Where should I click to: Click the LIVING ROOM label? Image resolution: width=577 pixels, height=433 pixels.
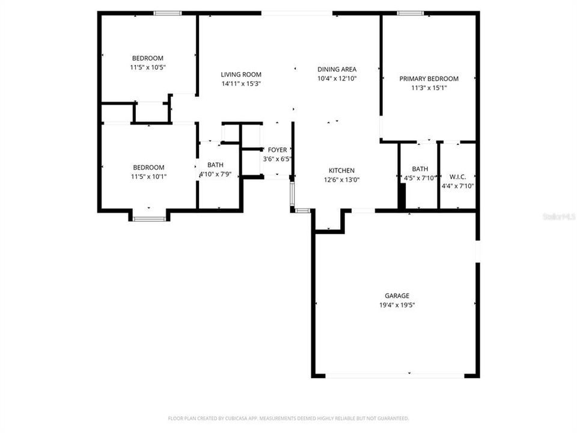tap(241, 75)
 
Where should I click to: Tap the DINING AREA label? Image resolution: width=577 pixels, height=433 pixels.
tap(337, 69)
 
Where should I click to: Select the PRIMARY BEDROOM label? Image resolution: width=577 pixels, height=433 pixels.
tap(429, 79)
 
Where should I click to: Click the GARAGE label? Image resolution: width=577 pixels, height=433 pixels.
tap(397, 296)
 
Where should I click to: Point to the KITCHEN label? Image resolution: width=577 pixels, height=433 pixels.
tap(341, 170)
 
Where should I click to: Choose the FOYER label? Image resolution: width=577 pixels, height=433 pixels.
tap(277, 150)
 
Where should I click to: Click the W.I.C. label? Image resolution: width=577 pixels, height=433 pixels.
tap(457, 177)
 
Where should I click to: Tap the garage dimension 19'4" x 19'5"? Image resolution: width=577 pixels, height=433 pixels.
tap(397, 305)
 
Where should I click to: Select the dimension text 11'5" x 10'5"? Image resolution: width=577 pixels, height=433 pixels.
tap(148, 67)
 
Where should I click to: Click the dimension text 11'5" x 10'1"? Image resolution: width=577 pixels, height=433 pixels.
tap(148, 177)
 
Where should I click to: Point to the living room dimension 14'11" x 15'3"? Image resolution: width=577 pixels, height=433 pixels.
tap(241, 84)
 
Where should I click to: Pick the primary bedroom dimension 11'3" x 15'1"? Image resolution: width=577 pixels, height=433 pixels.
tap(429, 88)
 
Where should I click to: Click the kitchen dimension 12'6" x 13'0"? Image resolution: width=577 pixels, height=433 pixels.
tap(341, 179)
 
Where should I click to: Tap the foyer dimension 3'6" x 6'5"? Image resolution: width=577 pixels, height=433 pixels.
tap(277, 159)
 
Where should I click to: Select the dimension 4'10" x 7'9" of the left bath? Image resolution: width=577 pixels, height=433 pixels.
tap(215, 174)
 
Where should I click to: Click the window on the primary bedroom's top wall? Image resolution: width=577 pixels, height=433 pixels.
tap(409, 13)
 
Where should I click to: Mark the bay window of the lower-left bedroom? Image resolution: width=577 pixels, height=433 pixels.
tap(148, 218)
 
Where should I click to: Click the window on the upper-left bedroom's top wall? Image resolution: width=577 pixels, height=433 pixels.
tap(166, 13)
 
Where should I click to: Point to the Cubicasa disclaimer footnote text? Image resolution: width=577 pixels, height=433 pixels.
tap(288, 418)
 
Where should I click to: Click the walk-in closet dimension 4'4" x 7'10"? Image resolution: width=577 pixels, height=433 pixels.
tap(457, 186)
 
